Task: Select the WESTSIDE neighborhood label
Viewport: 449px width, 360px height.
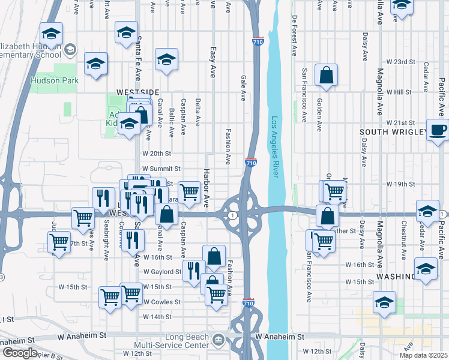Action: [137, 92]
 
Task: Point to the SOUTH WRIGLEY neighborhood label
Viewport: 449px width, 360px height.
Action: [393, 131]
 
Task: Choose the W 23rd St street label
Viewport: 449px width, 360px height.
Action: [401, 62]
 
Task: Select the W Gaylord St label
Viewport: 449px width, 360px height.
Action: [161, 272]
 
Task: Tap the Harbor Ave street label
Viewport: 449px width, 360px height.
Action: [205, 193]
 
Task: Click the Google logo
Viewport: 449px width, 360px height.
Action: [19, 353]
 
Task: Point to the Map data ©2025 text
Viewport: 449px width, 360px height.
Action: [424, 355]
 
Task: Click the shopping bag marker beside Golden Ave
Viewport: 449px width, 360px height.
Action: [326, 76]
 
